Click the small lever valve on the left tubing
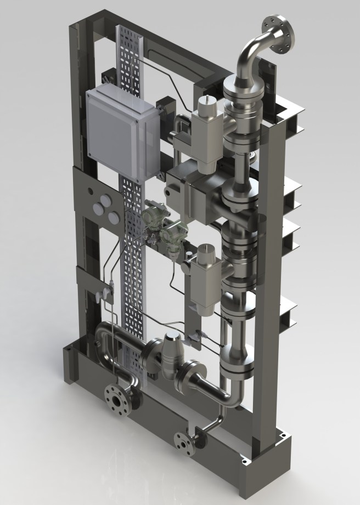(x=102, y=294)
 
